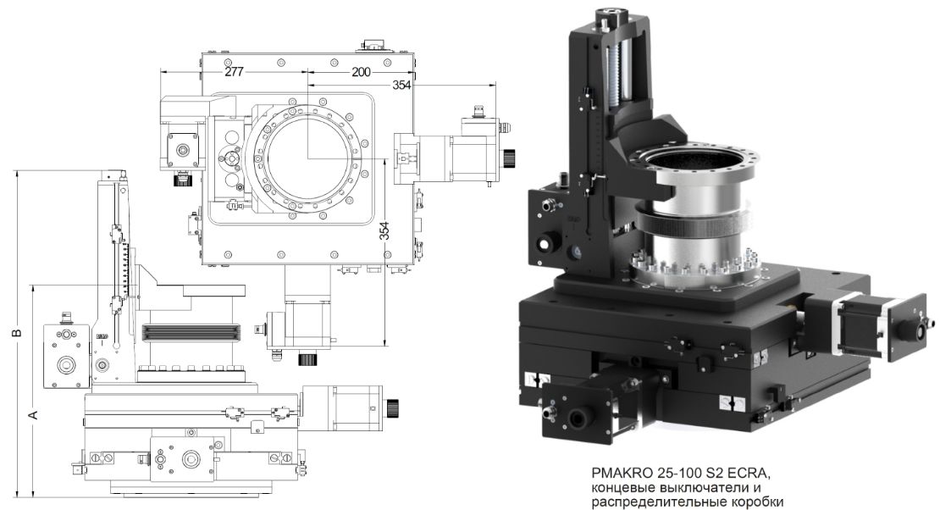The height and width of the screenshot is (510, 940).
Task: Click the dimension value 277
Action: [x=234, y=71]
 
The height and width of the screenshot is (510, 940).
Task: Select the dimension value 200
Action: [x=361, y=72]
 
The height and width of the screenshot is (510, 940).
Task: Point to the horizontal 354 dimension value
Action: [x=401, y=86]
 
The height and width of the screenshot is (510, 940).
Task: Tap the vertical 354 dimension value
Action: [x=384, y=231]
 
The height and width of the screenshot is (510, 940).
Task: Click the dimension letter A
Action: [x=34, y=414]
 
